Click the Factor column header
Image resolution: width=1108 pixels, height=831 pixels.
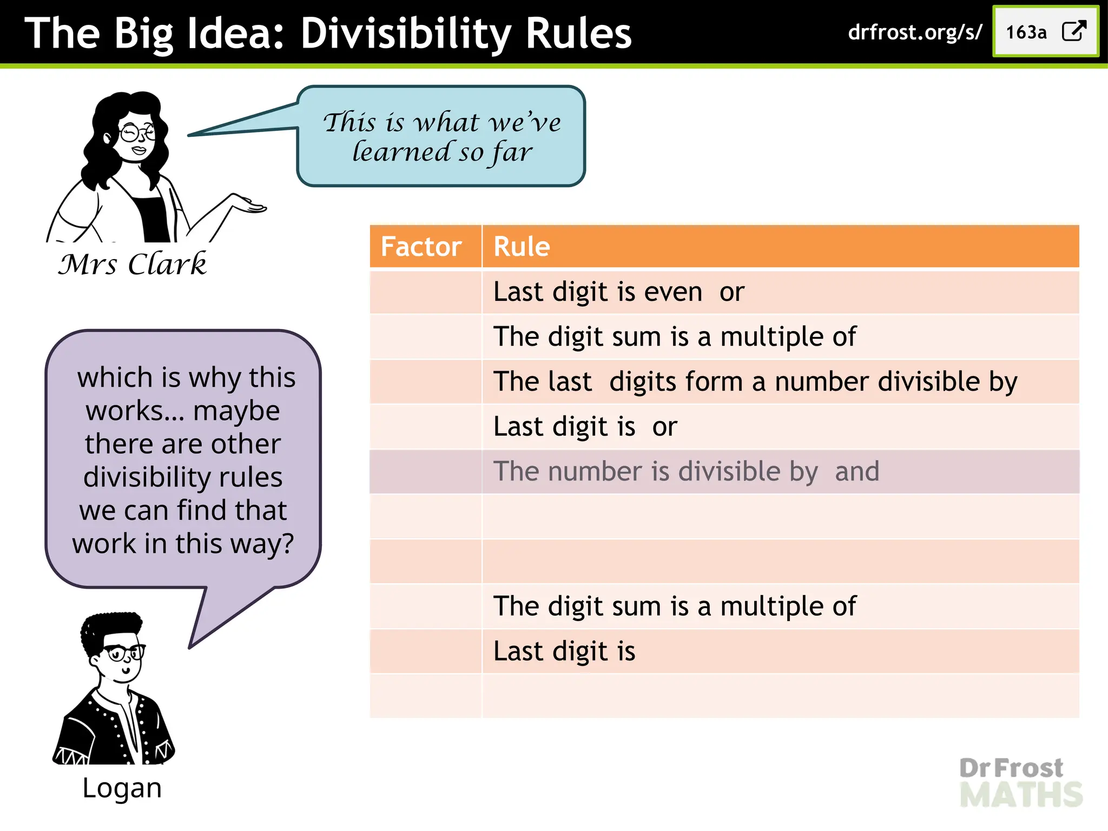(421, 247)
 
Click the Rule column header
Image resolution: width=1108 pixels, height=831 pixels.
(522, 247)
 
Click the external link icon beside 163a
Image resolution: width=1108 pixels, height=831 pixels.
(1074, 31)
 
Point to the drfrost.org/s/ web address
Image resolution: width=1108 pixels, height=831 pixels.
(914, 32)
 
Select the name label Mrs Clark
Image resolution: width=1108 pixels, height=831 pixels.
(133, 264)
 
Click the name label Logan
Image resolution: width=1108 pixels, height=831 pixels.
(122, 788)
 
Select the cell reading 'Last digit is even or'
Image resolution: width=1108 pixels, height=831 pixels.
(619, 292)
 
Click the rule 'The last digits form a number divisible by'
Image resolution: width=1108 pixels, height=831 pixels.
(755, 382)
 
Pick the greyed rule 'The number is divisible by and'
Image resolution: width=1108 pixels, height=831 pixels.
(686, 471)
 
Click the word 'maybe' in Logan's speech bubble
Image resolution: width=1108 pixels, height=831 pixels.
(236, 411)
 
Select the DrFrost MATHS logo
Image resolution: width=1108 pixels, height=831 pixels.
(1020, 782)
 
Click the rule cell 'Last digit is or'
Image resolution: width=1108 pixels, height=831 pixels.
(585, 427)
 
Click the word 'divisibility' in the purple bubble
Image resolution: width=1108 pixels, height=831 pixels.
(183, 477)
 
